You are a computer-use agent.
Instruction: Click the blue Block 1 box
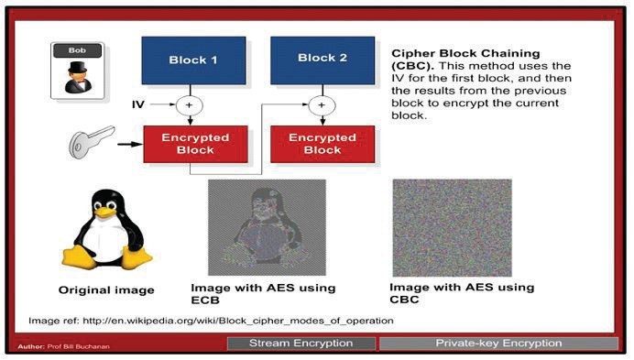point(193,60)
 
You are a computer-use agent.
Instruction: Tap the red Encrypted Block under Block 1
point(193,144)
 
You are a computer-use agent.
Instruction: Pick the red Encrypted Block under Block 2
point(322,144)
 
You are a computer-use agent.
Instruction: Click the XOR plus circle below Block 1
point(191,106)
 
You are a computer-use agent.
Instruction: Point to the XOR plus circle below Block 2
point(322,106)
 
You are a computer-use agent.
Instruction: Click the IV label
point(137,106)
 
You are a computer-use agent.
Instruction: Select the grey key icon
point(92,143)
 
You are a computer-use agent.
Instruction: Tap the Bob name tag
point(75,50)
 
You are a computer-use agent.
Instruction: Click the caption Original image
point(105,290)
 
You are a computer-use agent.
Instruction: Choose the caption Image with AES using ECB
point(262,293)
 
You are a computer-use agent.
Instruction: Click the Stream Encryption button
point(301,344)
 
